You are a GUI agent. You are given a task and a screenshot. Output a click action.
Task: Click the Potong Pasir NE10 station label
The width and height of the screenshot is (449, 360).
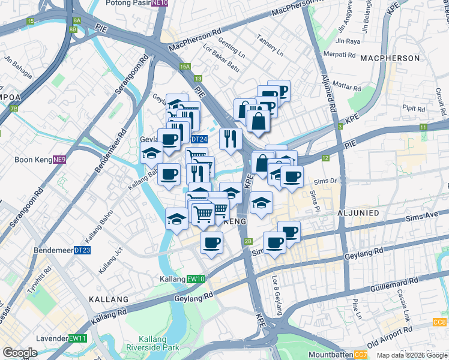pos(136,3)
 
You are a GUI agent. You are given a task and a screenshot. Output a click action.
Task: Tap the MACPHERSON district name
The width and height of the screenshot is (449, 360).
pos(390,58)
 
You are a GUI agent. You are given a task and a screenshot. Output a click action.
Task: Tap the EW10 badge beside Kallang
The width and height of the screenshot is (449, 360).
pos(196,279)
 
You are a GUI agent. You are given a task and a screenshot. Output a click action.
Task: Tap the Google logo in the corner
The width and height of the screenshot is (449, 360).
pos(20,353)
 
